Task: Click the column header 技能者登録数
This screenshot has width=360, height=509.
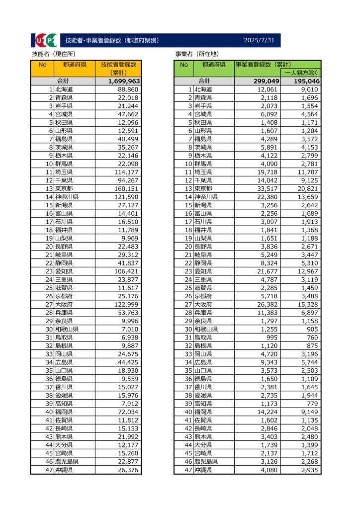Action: point(118,65)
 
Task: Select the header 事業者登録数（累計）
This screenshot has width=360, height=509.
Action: point(264,65)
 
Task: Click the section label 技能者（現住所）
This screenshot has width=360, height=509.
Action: point(54,54)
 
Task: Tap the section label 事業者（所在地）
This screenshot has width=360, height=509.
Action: point(197,54)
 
